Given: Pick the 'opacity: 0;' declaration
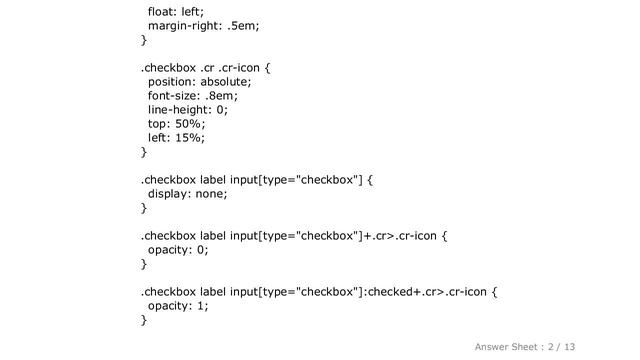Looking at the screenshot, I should click(x=178, y=250).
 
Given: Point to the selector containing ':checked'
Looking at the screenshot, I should click(x=317, y=292).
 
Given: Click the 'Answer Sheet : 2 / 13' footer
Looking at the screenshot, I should click(x=525, y=346).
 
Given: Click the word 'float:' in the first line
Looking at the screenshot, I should click(x=163, y=11).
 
